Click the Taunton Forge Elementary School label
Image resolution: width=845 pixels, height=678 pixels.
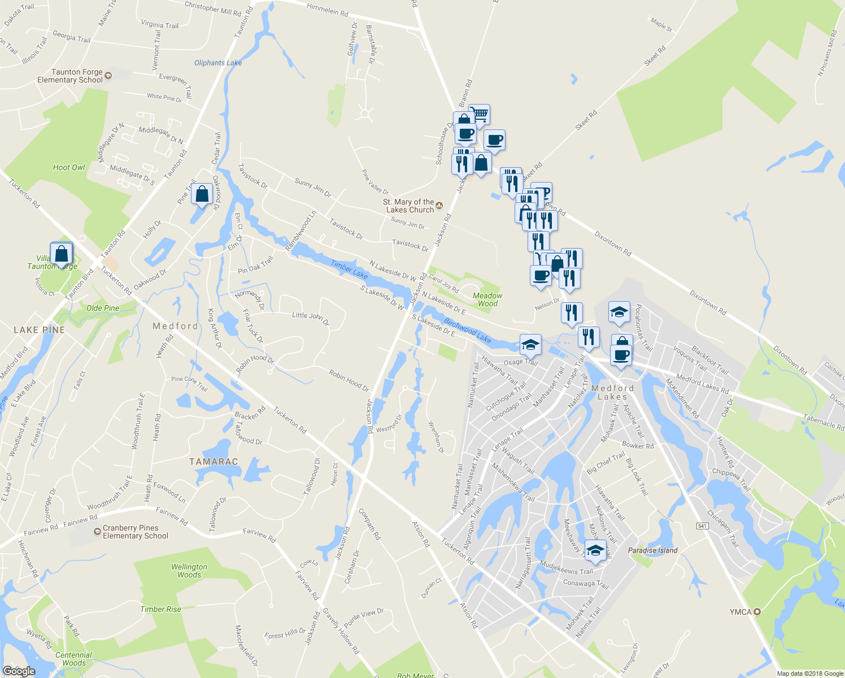point(70,76)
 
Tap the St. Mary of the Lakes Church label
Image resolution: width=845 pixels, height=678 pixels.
point(410,206)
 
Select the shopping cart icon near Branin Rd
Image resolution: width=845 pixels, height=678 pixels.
point(480,114)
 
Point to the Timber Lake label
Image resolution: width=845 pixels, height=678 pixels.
point(349,270)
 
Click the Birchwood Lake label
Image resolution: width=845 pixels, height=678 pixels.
point(467,331)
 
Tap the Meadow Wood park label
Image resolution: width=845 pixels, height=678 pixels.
point(487,299)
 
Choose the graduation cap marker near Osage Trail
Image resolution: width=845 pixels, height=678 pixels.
point(530,344)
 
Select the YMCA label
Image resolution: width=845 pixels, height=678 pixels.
point(740,612)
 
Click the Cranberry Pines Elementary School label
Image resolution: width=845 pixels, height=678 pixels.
point(135,532)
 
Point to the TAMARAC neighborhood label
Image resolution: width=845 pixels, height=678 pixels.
point(214,462)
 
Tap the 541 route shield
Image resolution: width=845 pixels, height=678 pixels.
point(702,526)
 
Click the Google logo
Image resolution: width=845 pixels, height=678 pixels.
point(19,671)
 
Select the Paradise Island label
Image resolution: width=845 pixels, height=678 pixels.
point(652,550)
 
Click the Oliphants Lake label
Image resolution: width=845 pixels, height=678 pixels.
point(218,63)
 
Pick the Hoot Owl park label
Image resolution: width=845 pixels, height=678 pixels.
point(69,167)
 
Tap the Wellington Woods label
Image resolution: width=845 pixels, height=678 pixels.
point(189,571)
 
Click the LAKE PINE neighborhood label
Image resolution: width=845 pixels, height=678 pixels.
point(39,330)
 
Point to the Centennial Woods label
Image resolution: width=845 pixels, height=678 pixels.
point(73,659)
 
